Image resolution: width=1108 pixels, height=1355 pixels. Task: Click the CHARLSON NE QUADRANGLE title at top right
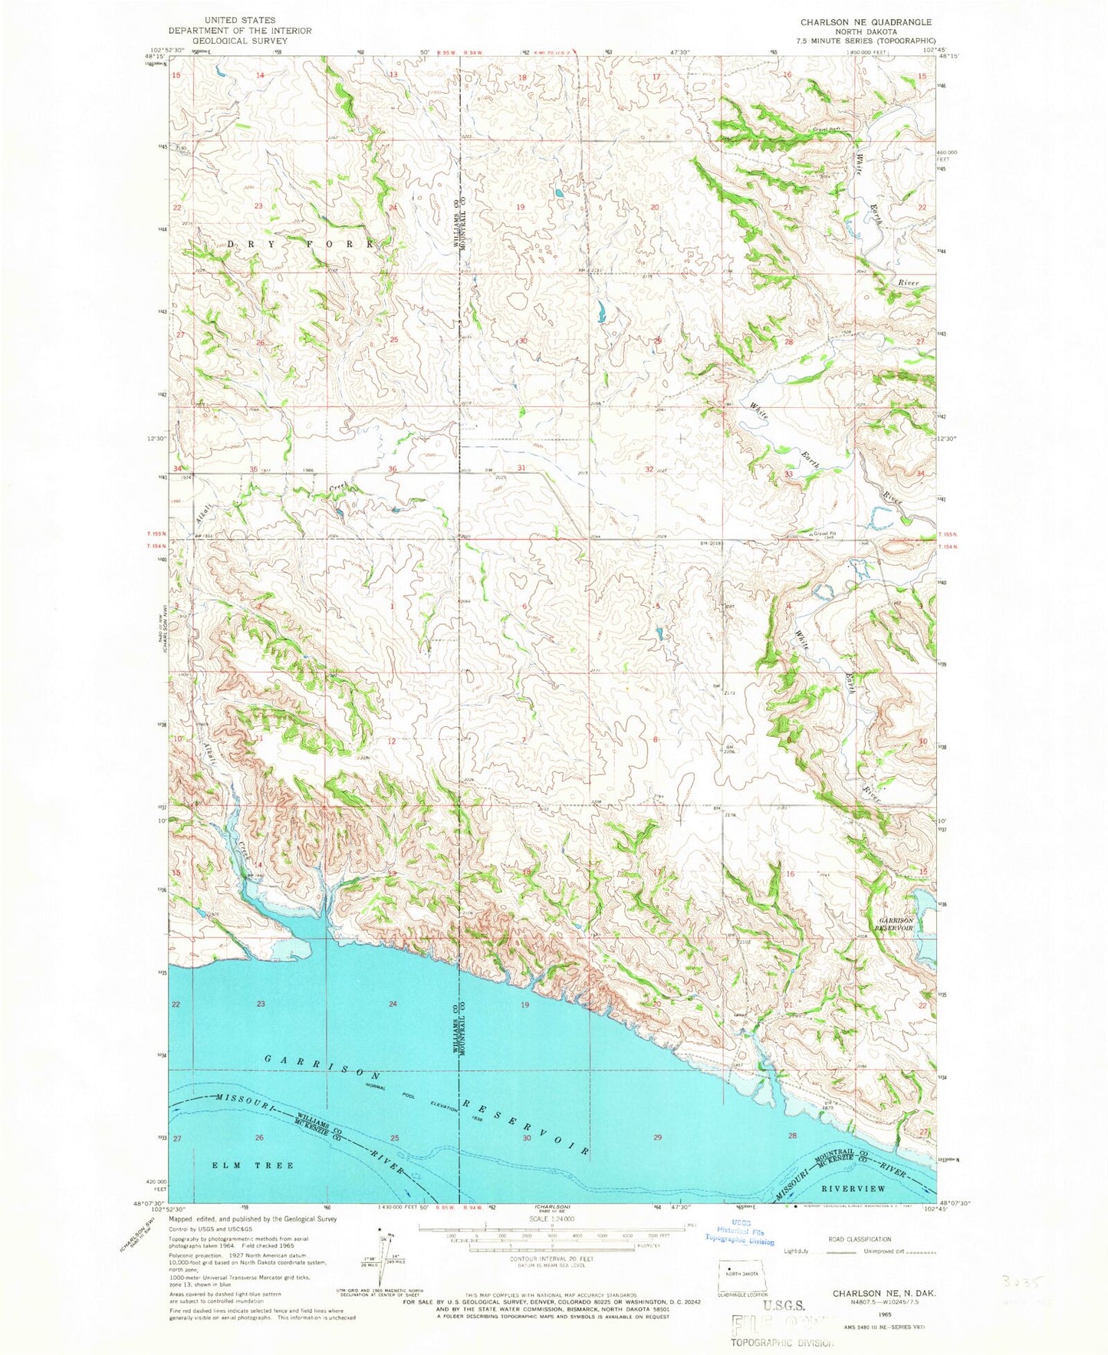tap(866, 22)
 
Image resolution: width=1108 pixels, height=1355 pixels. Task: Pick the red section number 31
tap(522, 468)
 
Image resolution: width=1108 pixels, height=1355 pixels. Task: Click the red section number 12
tap(392, 741)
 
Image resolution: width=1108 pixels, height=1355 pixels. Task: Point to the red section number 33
tap(789, 475)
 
